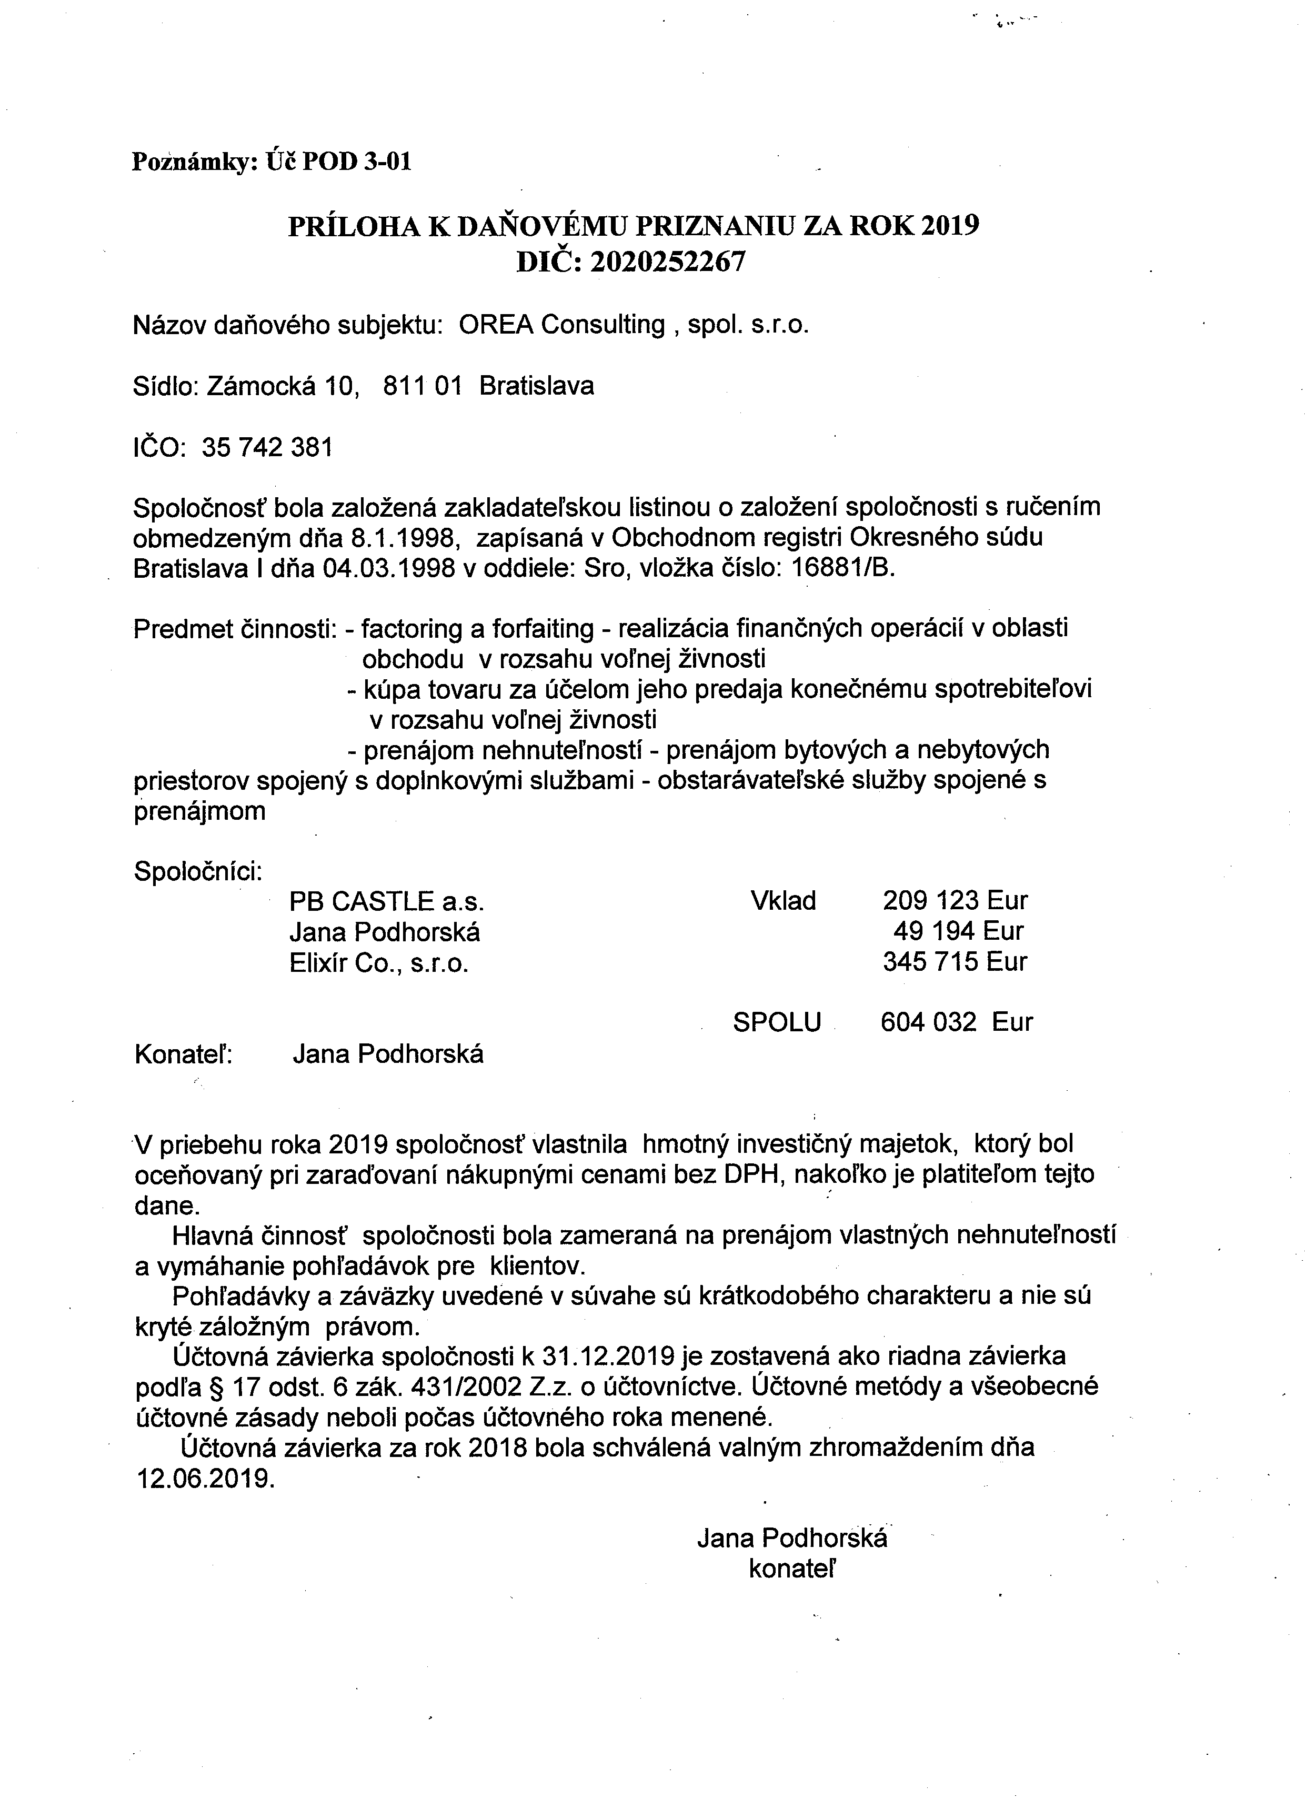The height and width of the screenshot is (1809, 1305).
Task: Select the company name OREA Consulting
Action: click(x=561, y=325)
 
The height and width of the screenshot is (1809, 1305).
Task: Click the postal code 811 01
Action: click(x=422, y=386)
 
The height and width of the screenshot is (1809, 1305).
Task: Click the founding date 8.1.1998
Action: click(x=405, y=538)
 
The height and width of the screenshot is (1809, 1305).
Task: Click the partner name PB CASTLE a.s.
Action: click(x=387, y=902)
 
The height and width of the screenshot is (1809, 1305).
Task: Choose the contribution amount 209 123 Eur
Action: click(x=955, y=900)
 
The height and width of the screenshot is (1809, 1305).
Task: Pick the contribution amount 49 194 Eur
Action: click(x=958, y=931)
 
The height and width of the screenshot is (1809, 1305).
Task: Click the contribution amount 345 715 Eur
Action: click(x=955, y=962)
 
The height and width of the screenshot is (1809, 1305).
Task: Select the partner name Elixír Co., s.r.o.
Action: click(x=378, y=963)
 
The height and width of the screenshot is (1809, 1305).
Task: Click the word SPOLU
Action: click(x=776, y=1022)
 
